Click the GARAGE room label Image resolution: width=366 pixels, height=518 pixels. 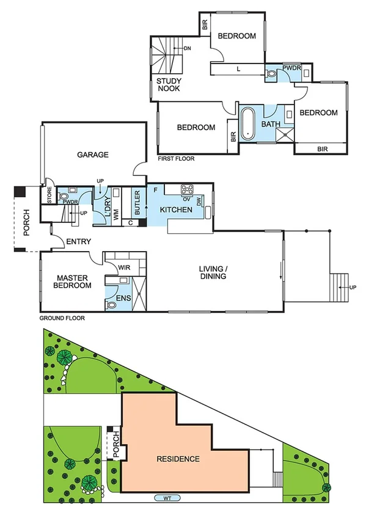pos(93,155)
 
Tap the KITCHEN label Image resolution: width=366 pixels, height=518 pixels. pos(176,210)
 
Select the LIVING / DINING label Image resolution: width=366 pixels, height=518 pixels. pos(213,272)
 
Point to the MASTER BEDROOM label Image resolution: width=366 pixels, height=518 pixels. pos(71,282)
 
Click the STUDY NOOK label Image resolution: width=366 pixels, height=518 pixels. pos(169,85)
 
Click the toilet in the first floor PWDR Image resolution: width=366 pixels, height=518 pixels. pos(272,74)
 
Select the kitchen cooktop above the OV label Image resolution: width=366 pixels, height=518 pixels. pos(188,189)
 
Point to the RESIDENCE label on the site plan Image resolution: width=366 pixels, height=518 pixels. pos(178,459)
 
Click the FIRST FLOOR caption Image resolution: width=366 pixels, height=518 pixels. pos(175,159)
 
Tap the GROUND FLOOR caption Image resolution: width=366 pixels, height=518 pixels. pos(62,318)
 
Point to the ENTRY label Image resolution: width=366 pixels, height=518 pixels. pos(78,242)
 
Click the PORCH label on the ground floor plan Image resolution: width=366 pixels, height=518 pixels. pos(26,219)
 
